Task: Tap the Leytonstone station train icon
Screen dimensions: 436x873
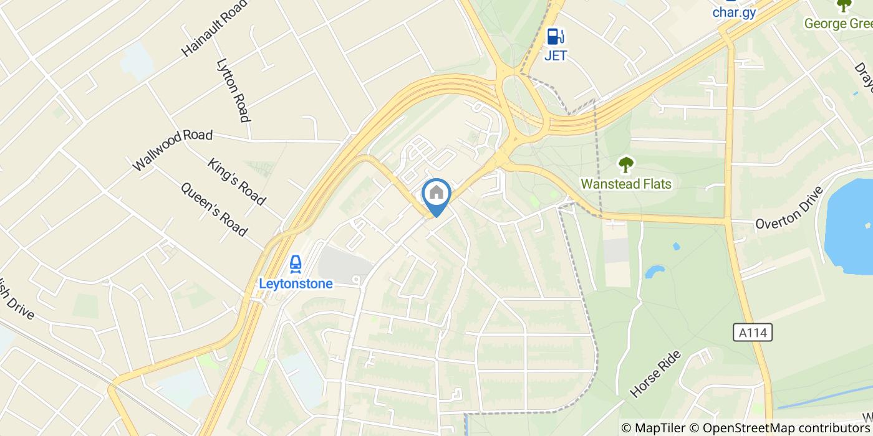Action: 296,264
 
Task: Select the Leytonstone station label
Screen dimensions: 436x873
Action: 296,284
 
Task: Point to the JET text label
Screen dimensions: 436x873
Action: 556,55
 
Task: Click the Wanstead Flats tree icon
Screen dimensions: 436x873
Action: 625,165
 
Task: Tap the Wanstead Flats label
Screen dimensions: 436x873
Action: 625,184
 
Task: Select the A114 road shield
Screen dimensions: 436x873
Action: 753,333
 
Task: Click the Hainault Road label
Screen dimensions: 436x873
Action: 215,28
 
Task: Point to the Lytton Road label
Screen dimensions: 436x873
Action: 233,90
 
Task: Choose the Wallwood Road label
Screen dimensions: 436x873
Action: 173,150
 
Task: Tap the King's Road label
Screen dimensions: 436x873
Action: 237,182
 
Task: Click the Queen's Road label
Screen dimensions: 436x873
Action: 214,209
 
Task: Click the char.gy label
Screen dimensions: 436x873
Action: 734,13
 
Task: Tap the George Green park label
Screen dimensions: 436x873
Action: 839,23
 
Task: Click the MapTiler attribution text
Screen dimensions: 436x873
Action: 660,428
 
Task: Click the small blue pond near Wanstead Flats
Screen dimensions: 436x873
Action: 654,272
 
